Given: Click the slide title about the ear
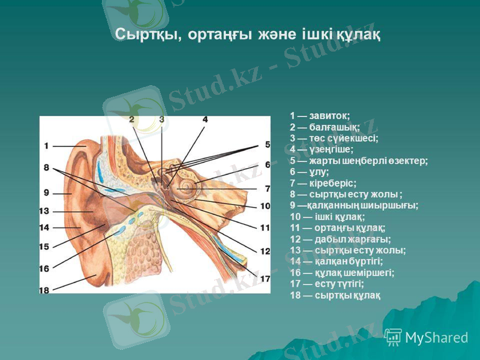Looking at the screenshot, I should [x=247, y=34].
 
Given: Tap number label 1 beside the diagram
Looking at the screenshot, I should [x=46, y=146].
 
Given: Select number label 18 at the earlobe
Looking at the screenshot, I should [x=44, y=290].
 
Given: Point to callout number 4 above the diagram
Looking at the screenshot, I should [x=205, y=119].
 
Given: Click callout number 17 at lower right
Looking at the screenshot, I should [x=265, y=279].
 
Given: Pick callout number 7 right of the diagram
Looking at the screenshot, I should [x=267, y=188].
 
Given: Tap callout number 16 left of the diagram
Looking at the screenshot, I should [x=44, y=268].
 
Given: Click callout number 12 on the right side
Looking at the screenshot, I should [x=265, y=251].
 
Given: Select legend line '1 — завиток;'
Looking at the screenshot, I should [x=320, y=115].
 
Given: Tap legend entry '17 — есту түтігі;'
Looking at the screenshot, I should [x=327, y=284].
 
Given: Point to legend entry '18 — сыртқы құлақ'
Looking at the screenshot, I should [x=335, y=295].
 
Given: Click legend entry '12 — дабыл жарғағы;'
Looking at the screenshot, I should [x=340, y=239].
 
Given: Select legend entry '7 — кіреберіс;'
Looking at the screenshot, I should [x=323, y=182].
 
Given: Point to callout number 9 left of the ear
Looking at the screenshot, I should [x=46, y=193].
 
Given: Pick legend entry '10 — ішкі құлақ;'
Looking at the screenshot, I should [x=328, y=216].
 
